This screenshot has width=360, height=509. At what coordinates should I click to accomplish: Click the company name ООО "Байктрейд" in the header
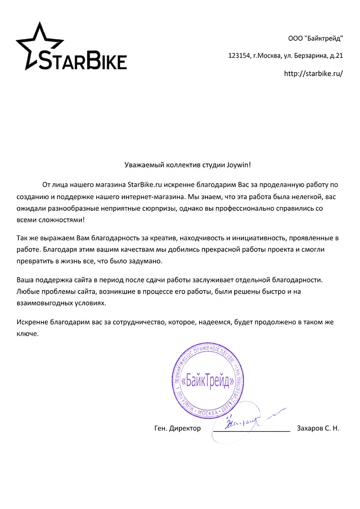[x=316, y=38]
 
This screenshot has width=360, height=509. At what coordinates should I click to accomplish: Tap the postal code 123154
[x=239, y=55]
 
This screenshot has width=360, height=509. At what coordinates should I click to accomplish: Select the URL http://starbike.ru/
[x=313, y=73]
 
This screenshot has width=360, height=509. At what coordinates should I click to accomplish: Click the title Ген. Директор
[x=177, y=429]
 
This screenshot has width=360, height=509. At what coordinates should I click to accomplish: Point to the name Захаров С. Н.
[x=318, y=429]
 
